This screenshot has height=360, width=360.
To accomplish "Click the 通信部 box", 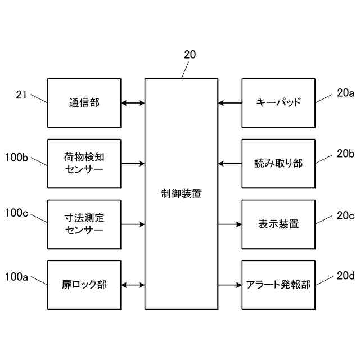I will coord(84,103).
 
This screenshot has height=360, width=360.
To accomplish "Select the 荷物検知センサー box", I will coord(84,163).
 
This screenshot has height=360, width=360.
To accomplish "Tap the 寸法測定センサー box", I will coord(84,224).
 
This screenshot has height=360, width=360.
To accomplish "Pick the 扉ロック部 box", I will coord(84,285).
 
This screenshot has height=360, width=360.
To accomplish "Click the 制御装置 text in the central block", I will coord(181,193).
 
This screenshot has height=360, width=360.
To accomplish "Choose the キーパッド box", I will coord(278,103).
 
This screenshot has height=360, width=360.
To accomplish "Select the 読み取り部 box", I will coord(278,163).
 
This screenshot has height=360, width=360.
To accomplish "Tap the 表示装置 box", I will coord(278,224).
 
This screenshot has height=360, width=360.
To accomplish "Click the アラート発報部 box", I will coord(278,285).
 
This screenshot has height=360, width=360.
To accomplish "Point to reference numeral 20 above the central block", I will coord(190,55).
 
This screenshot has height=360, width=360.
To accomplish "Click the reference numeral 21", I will coord(21,95).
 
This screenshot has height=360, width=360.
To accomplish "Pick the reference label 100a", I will coord(16,276).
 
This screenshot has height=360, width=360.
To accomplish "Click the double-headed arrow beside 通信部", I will coord(133,103).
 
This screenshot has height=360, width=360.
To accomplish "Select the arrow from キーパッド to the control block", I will coord(230,103).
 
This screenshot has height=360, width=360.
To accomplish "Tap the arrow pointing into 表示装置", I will coord(230,224).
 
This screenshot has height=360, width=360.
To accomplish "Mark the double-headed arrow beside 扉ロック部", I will coord(133,285).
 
